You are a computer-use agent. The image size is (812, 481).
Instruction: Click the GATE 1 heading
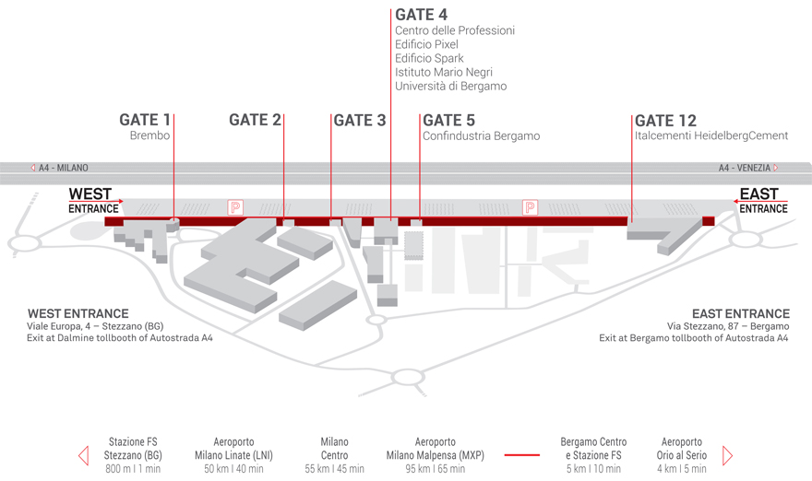click(145, 120)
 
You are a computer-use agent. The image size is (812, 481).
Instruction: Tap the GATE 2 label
click(255, 120)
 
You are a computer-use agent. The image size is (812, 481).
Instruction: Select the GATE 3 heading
click(359, 120)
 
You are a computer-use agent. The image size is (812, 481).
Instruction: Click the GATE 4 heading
click(422, 15)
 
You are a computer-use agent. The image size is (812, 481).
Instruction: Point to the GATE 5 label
click(448, 120)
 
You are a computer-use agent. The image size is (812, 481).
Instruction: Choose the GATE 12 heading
click(665, 120)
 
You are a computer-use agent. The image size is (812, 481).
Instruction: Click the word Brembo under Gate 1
click(149, 136)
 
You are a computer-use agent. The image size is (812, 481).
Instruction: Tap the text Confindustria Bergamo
click(481, 136)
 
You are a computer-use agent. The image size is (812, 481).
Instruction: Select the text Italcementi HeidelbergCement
click(711, 136)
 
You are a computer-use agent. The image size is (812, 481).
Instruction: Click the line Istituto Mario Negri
click(443, 73)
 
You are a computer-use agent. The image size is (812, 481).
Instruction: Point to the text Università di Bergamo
click(450, 87)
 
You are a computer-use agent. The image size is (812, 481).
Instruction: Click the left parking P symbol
click(235, 207)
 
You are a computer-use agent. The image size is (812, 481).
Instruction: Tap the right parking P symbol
click(530, 207)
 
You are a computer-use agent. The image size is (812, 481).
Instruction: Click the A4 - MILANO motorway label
click(60, 168)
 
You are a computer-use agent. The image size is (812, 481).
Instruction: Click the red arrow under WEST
click(96, 201)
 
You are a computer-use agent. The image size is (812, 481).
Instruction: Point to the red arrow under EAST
click(760, 201)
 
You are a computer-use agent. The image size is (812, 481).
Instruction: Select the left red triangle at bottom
click(83, 455)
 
